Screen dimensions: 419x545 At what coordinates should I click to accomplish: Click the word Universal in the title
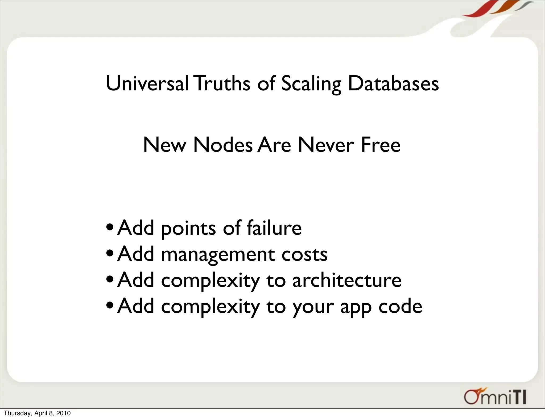(x=147, y=83)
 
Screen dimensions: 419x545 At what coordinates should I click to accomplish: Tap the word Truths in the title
(x=222, y=83)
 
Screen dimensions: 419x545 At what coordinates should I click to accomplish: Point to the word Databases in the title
(x=393, y=83)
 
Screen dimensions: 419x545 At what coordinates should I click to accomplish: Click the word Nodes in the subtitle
(x=223, y=145)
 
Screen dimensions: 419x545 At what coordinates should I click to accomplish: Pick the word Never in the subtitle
(x=326, y=145)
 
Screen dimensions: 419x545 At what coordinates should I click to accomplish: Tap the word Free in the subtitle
(x=381, y=145)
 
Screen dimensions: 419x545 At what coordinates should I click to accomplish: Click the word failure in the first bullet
(x=274, y=228)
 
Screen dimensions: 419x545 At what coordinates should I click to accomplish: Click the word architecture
(x=347, y=280)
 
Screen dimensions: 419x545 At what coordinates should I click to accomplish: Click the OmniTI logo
(x=495, y=397)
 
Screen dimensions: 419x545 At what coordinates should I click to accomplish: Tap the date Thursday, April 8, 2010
(x=37, y=413)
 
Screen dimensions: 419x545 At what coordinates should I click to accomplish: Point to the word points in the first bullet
(x=188, y=228)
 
